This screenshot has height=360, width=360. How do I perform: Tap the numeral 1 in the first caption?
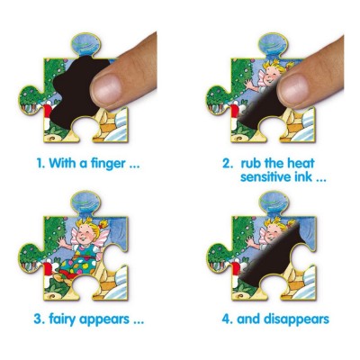pyautogui.click(x=40, y=164)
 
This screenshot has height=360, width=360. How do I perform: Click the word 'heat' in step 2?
pyautogui.click(x=301, y=164)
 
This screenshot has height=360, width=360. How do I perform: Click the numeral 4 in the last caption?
pyautogui.click(x=226, y=319)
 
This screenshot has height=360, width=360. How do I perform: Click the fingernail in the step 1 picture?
pyautogui.click(x=106, y=87)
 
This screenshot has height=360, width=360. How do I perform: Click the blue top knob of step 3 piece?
pyautogui.click(x=85, y=202)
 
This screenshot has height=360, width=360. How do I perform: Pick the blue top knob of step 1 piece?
pyautogui.click(x=85, y=45)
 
